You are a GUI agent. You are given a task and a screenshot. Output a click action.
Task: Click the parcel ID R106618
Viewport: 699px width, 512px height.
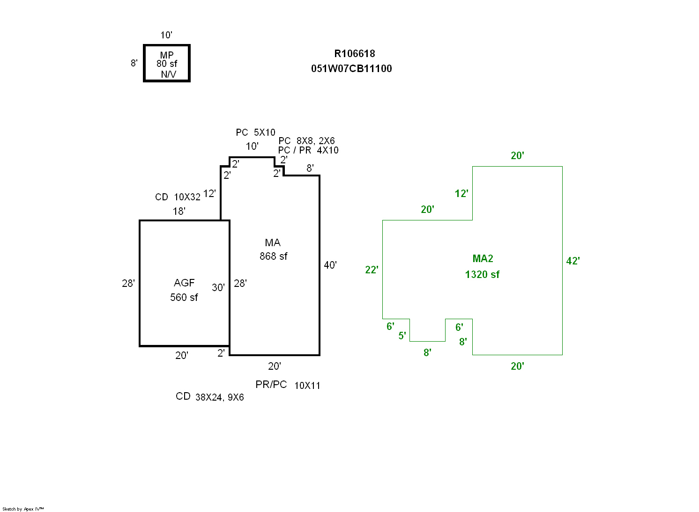355,54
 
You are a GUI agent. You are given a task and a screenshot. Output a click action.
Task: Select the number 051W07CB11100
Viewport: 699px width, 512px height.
351,69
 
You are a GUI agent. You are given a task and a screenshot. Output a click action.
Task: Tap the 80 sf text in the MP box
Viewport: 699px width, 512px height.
167,64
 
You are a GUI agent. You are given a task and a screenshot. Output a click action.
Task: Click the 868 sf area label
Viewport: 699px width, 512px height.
274,256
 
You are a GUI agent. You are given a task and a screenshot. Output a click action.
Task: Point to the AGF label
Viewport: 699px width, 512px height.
184,283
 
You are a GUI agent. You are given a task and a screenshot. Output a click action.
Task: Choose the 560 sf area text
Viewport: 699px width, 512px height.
184,298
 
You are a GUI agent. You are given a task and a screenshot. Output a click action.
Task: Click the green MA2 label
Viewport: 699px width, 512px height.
483,259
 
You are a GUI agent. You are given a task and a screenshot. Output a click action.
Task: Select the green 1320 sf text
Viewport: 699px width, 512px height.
482,275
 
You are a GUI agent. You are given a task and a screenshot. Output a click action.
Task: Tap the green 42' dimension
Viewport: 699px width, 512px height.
573,261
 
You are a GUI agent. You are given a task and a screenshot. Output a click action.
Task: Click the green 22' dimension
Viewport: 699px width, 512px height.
372,270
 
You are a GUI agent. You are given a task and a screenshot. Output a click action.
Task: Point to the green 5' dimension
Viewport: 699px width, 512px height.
402,336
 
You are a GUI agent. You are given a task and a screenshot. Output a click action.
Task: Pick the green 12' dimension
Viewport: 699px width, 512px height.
461,194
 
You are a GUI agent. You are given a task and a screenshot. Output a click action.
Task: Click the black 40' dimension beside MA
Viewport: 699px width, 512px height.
330,265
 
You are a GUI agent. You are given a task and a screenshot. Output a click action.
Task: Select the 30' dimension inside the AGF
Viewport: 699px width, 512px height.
218,288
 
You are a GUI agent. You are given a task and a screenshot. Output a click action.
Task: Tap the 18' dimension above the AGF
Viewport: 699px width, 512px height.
179,212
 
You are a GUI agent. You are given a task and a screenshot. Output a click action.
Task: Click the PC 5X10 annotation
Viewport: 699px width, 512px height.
255,133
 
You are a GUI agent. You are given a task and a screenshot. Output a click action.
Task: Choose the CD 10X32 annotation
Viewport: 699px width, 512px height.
178,197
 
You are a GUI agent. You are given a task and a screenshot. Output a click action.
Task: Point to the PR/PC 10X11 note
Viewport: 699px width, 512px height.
288,385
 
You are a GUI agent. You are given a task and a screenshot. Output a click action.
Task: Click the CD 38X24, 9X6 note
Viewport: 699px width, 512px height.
209,397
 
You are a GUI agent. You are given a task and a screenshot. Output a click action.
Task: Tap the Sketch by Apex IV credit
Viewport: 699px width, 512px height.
23,509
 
